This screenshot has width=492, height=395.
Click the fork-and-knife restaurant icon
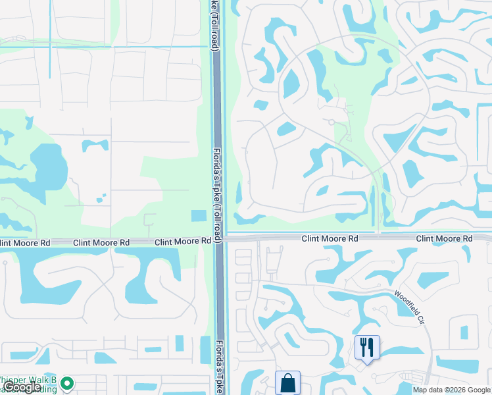click(367, 346)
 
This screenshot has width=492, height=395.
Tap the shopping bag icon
click(287, 382)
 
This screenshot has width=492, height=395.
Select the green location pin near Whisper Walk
click(66, 382)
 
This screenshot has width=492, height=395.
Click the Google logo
click(22, 387)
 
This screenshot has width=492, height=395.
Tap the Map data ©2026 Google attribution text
click(451, 390)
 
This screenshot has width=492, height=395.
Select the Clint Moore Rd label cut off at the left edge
click(25, 243)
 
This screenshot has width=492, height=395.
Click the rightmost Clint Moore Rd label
click(444, 238)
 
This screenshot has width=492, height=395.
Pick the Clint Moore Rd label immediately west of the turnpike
click(183, 242)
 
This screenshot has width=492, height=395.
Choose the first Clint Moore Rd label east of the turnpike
click(330, 238)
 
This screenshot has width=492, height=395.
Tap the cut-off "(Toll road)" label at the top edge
click(214, 25)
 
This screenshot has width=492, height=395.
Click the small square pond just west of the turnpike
click(198, 216)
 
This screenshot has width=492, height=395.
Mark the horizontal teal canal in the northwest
click(99, 47)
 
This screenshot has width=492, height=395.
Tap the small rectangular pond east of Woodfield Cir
click(464, 332)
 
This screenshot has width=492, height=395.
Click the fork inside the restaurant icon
click(363, 344)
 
